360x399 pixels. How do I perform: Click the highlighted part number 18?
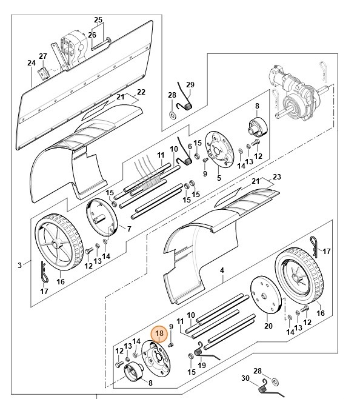[x=159, y=333]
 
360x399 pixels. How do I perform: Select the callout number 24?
[x=32, y=62]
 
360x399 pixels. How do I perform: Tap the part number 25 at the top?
[x=98, y=20]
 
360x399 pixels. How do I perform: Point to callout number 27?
[x=43, y=56]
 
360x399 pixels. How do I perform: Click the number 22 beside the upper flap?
[x=141, y=92]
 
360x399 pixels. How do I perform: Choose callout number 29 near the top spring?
[x=190, y=84]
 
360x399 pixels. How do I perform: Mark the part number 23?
[x=278, y=176]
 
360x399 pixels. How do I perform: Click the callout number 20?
[x=268, y=326]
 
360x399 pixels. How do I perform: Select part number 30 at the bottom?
[x=245, y=379]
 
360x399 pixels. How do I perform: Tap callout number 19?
[x=202, y=365]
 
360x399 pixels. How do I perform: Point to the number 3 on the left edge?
[x=19, y=265]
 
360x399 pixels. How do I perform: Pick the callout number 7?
[x=128, y=228]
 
